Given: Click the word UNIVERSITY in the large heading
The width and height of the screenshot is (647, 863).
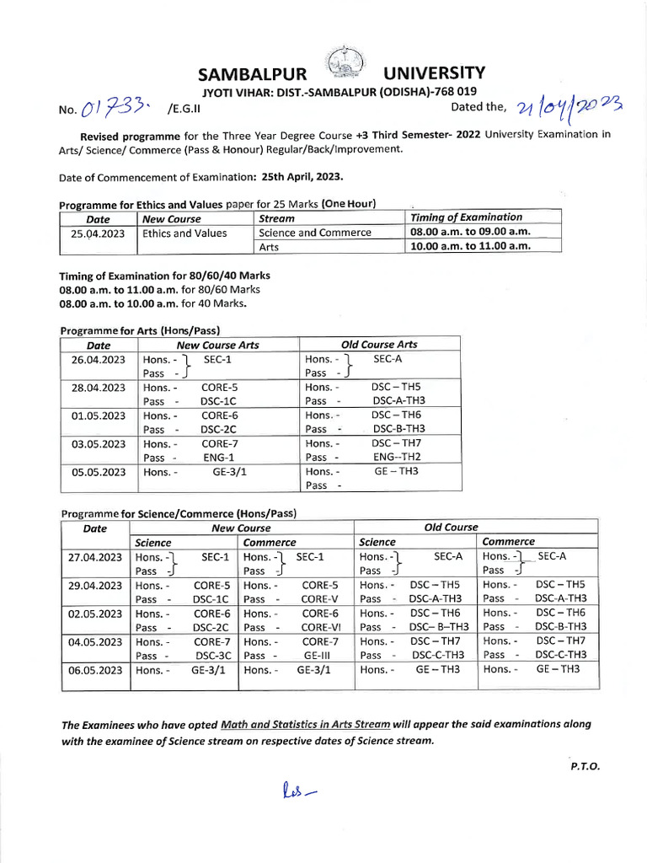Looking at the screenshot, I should pos(434,74).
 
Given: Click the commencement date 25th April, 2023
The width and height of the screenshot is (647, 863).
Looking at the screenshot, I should pos(295,177).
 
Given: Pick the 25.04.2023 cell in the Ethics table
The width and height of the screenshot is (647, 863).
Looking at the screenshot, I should pos(97,233).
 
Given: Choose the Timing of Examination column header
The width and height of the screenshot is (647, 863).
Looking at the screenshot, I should pos(466,217).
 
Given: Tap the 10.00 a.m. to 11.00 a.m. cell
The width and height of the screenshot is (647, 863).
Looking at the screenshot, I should pos(469,246).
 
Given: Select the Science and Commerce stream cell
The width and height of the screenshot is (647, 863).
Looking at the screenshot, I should pos(314,233).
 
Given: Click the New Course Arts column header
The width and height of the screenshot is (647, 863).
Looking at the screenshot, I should pos(217,345).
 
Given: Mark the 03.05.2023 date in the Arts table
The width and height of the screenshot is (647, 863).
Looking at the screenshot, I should pos(98,443).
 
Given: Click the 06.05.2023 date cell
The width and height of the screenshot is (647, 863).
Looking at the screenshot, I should pos(95,670).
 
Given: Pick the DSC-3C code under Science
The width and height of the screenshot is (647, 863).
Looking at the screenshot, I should pos(211,655).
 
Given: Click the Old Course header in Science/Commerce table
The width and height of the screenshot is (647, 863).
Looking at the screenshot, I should pos(451,527).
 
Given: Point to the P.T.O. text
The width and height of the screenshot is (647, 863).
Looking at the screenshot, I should pos(585,767).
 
